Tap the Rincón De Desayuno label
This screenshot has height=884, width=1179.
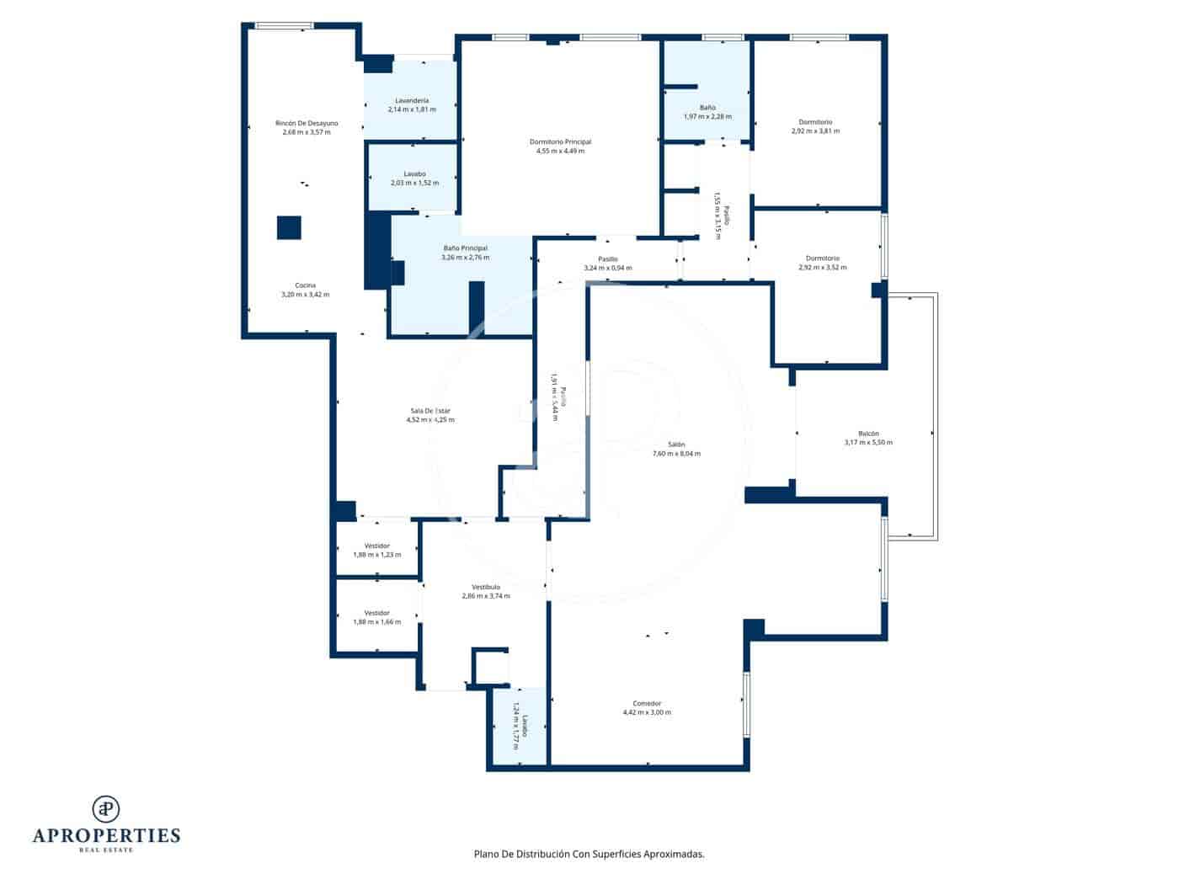point(307,123)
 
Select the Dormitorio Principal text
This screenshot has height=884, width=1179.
point(560,141)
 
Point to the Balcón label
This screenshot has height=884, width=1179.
point(868,434)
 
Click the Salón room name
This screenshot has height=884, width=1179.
point(676,445)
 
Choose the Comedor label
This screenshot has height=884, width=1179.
point(647,703)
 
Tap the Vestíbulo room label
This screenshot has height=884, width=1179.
point(486,587)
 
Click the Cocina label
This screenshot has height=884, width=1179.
point(305,285)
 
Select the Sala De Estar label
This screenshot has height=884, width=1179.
point(430,411)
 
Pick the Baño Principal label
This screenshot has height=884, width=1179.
point(465,248)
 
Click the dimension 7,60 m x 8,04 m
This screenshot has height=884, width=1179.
point(676,454)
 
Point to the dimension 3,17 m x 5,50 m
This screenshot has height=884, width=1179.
point(868,443)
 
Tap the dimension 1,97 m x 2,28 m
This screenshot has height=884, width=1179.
point(707,117)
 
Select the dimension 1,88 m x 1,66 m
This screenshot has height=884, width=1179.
point(376,622)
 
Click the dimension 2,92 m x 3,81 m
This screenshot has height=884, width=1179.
point(815,131)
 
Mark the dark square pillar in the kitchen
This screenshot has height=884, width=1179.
point(289,228)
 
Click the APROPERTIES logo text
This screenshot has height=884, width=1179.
point(106,836)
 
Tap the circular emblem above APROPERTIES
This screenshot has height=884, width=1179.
point(106,808)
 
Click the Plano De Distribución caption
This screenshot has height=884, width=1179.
point(589,854)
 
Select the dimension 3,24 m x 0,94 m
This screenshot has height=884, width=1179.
point(607,269)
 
